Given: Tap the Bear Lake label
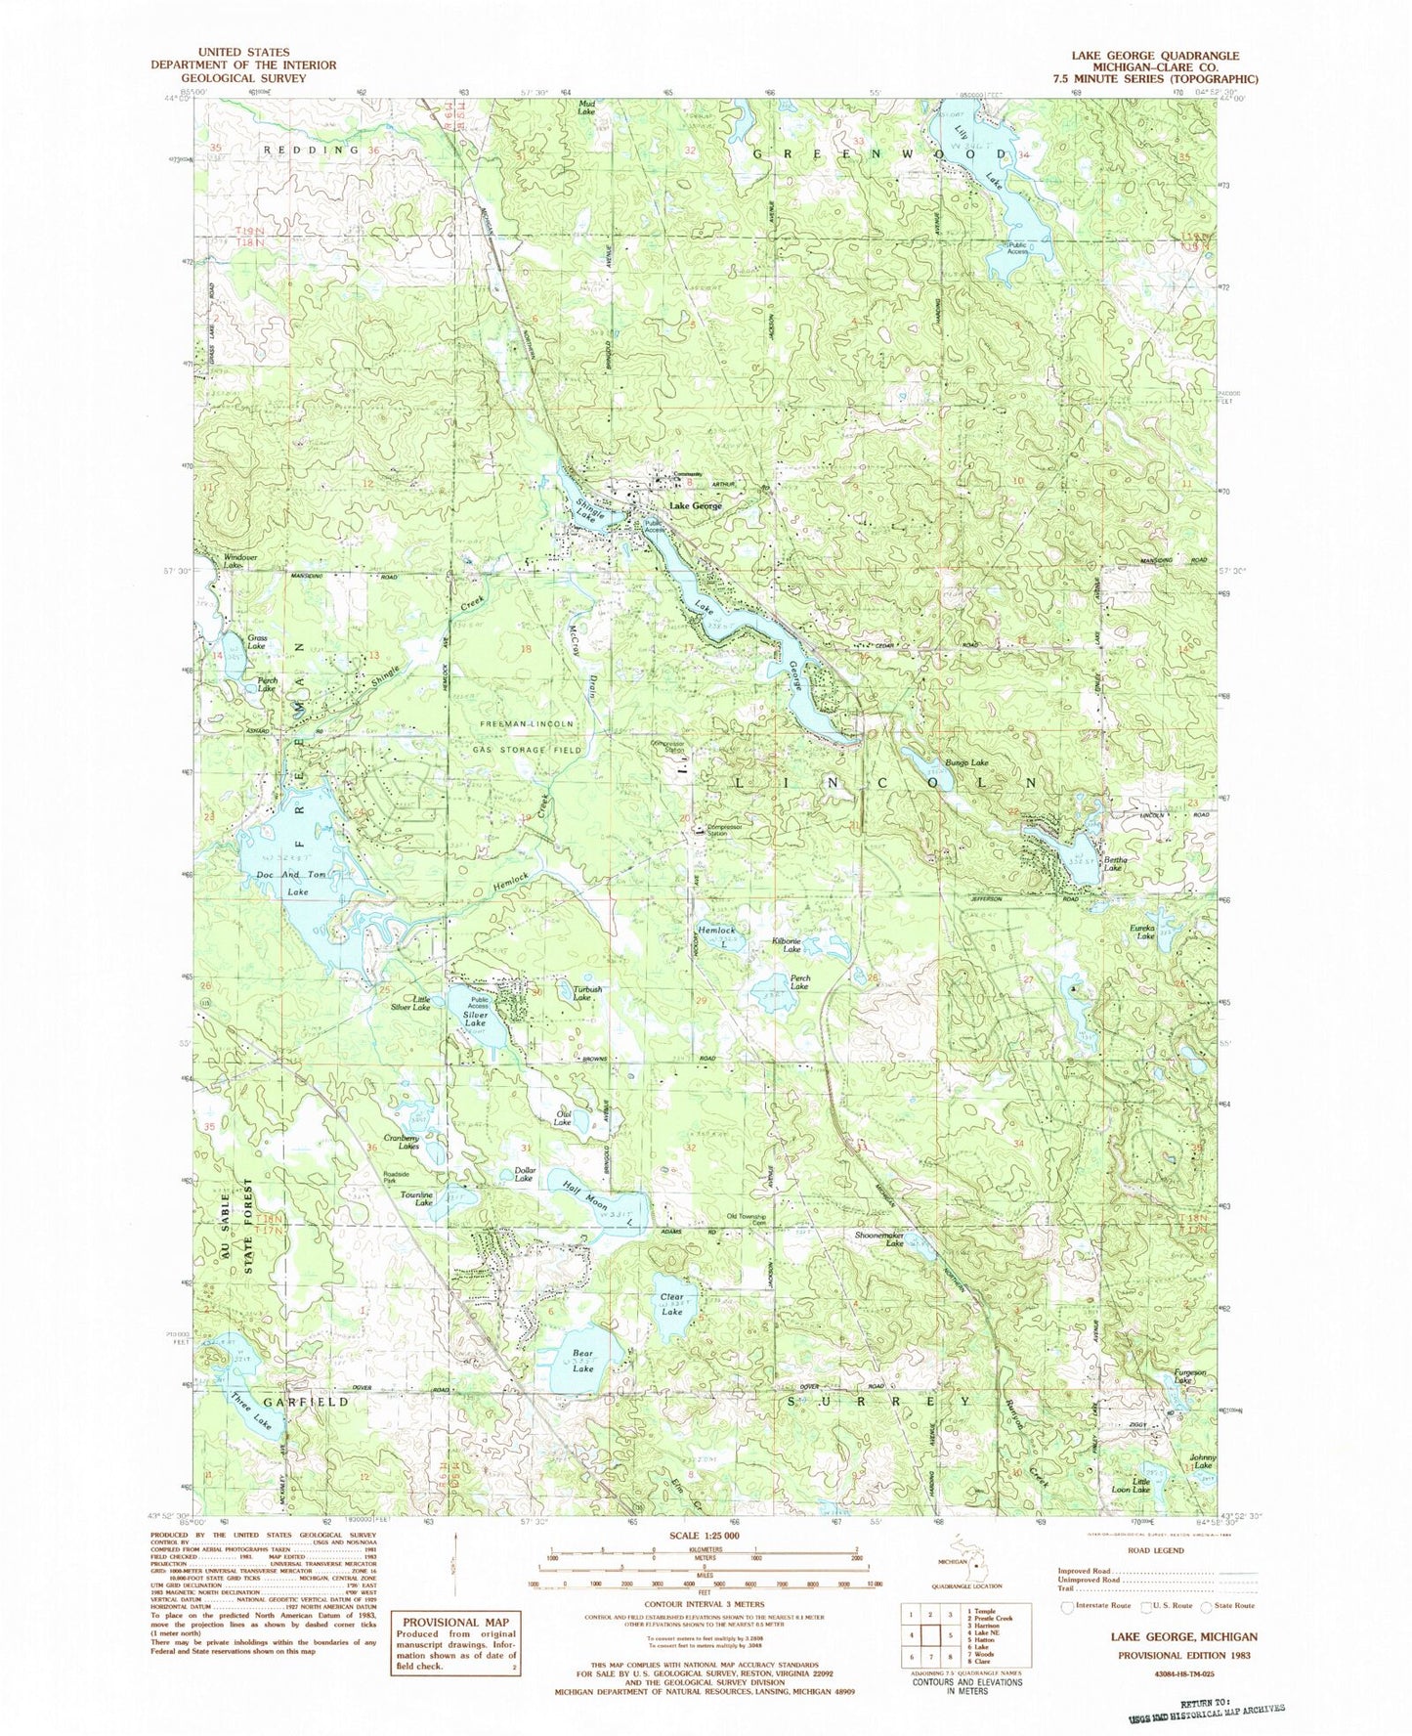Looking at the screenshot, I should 582,1361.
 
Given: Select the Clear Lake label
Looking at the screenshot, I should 671,1304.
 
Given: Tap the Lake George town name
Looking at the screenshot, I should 696,505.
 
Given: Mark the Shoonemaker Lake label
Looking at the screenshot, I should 880,1239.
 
